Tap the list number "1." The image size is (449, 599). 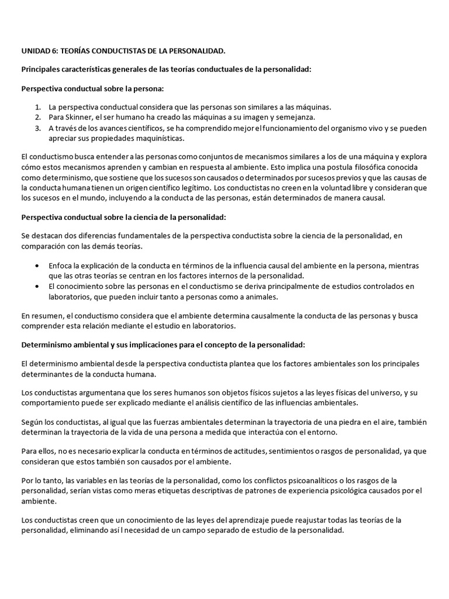[x=38, y=108]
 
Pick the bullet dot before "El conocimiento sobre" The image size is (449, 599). [x=38, y=286]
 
